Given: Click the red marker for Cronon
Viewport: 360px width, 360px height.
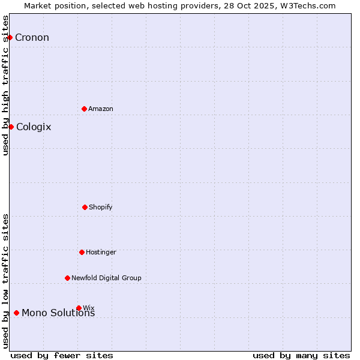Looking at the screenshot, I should [10, 37].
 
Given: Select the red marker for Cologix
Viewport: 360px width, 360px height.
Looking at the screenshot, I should [11, 127].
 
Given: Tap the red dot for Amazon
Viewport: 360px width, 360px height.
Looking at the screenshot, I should [85, 109].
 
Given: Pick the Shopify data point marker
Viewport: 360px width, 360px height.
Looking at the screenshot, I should [85, 207].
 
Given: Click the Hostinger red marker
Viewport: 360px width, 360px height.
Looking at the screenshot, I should [82, 252].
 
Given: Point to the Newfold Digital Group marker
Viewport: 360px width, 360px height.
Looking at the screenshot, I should [67, 278].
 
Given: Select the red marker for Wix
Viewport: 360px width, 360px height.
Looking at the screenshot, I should [79, 308].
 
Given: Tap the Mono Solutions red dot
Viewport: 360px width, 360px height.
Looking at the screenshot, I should [16, 313].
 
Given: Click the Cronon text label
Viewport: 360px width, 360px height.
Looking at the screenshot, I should [32, 38].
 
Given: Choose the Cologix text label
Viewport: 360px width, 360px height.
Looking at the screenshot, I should [34, 127].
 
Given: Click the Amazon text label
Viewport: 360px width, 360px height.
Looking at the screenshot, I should [101, 109].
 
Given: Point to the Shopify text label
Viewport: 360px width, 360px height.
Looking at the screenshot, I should [101, 208].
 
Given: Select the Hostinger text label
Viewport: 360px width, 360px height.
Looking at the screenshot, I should [101, 253].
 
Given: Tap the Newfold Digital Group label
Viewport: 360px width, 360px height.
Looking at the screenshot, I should [106, 278].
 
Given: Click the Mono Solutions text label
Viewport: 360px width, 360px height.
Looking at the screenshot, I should [58, 313].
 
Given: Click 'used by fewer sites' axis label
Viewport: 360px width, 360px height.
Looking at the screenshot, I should [62, 355].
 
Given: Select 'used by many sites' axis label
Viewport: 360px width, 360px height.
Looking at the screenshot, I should [301, 355].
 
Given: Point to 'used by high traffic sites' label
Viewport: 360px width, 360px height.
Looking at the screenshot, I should [5, 85].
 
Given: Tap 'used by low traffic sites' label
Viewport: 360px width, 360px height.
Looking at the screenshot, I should [5, 281].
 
